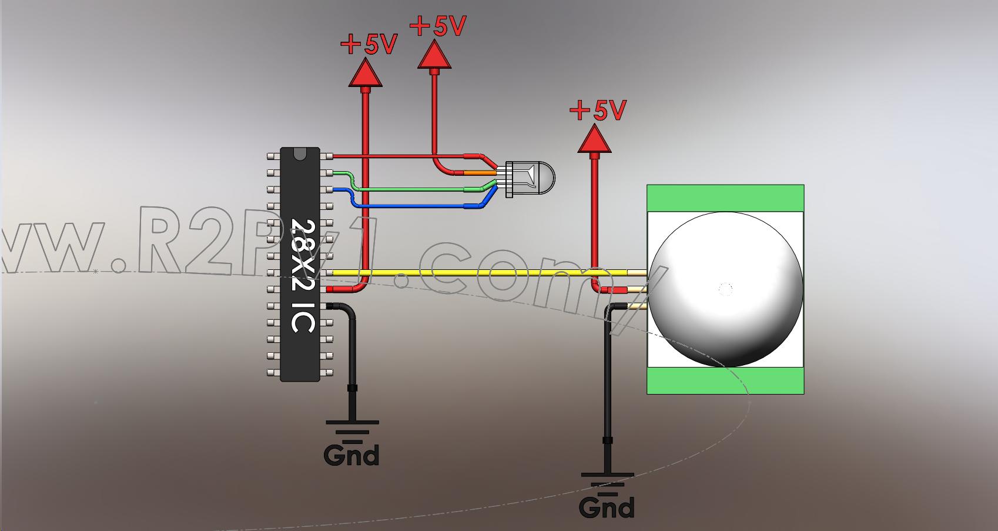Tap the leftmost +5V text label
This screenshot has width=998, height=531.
click(369, 44)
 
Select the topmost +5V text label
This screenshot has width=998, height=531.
click(438, 26)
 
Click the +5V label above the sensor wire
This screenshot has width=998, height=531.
click(598, 110)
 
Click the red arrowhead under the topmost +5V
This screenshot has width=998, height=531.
click(435, 56)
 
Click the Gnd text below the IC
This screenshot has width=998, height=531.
click(351, 455)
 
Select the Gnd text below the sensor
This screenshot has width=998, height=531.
click(607, 507)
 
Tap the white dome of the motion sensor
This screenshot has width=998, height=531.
click(725, 289)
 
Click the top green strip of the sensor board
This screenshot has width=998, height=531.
click(725, 198)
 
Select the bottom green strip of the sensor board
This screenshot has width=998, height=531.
click(725, 380)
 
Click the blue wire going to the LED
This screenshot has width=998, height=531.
click(411, 206)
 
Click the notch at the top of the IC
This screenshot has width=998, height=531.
click(300, 154)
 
